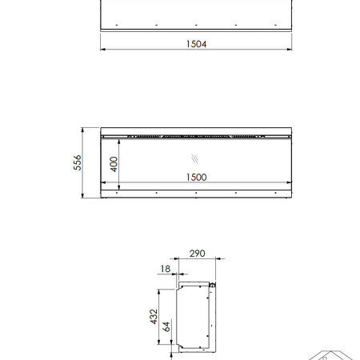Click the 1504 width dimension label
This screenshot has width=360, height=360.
pyautogui.click(x=196, y=44)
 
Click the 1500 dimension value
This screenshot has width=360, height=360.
pyautogui.click(x=196, y=178)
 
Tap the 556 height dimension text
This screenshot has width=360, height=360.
pyautogui.click(x=78, y=162)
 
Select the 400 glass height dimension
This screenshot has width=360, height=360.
pyautogui.click(x=114, y=164)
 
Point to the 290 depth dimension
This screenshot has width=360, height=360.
pyautogui.click(x=198, y=254)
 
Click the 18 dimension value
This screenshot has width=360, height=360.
pyautogui.click(x=166, y=269)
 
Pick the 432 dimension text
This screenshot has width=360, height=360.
pyautogui.click(x=154, y=317)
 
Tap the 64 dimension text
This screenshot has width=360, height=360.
pyautogui.click(x=166, y=326)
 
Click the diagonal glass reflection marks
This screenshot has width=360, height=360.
pyautogui.click(x=195, y=158)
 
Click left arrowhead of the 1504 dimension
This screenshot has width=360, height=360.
pyautogui.click(x=103, y=50)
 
